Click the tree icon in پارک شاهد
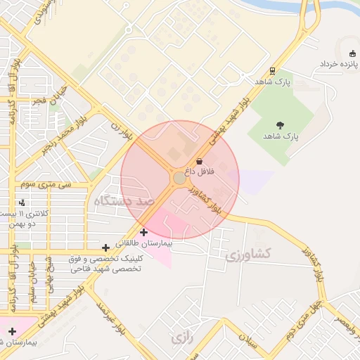coord(281,125)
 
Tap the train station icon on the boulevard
coord(271,71)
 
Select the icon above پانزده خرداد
coord(352,54)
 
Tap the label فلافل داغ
coord(200,172)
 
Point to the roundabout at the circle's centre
coord(179,179)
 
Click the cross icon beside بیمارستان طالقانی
coord(144,232)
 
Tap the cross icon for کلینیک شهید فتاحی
coord(105,247)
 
